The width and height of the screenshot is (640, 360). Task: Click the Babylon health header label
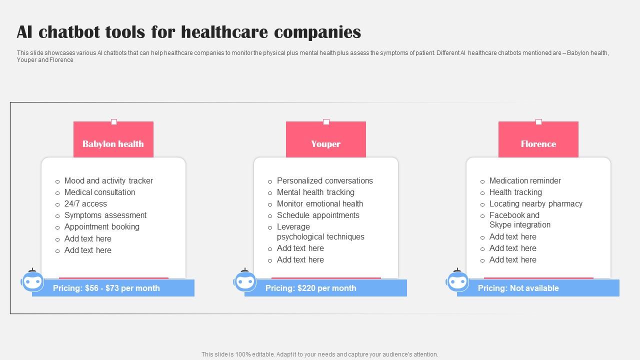click(113, 143)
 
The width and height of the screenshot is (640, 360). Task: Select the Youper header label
click(325, 143)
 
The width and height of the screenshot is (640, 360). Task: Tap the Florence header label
click(538, 143)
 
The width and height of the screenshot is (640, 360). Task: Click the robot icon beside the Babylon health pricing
click(32, 280)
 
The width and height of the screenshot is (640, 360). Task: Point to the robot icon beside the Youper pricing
click(245, 280)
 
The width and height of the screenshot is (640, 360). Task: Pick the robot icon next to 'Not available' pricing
click(457, 280)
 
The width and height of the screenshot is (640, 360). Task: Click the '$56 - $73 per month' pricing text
click(122, 288)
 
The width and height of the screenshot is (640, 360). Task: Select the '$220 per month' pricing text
click(327, 288)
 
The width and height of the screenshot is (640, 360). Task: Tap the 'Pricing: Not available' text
click(518, 288)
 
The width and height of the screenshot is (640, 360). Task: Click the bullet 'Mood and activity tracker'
click(108, 180)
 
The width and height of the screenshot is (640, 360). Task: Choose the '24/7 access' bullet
click(85, 203)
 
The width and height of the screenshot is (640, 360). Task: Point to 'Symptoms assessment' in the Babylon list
click(105, 215)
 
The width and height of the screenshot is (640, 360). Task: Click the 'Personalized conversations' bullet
click(325, 180)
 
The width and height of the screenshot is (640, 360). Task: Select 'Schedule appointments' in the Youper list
click(318, 215)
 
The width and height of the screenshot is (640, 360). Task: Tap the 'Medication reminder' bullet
click(525, 180)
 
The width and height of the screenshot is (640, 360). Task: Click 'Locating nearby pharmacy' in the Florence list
click(535, 203)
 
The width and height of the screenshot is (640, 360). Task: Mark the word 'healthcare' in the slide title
click(224, 31)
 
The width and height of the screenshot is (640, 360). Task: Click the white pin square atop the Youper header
click(326, 122)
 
